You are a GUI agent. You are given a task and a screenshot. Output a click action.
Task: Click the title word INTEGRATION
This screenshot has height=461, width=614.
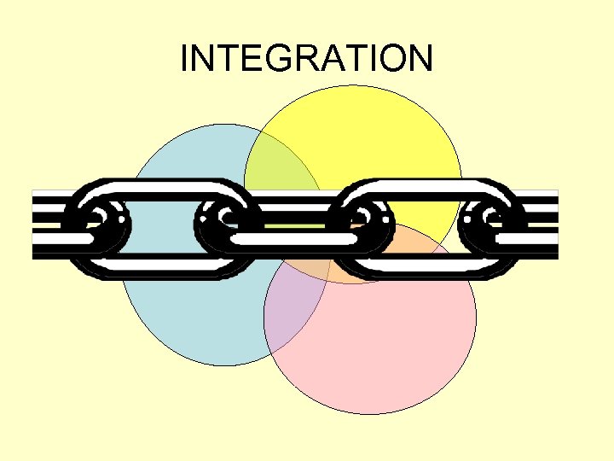[x=307, y=59]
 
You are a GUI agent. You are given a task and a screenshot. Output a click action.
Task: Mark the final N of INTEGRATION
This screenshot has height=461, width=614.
[x=420, y=59]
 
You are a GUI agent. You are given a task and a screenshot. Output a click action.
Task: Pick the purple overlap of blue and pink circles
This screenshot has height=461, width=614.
[x=294, y=307]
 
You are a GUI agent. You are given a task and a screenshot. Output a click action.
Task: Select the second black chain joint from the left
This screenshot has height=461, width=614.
[x=223, y=225]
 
